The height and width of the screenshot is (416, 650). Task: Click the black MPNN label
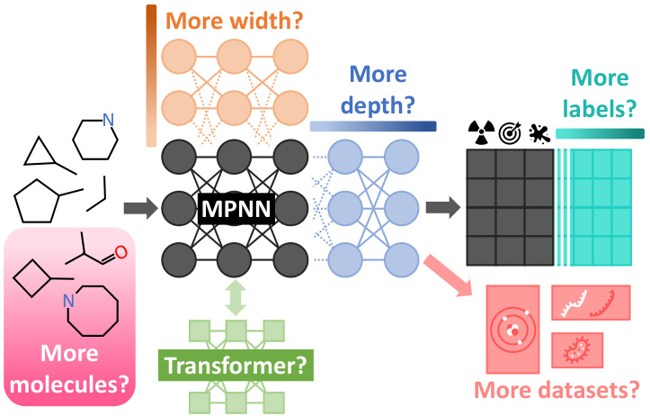click(x=236, y=210)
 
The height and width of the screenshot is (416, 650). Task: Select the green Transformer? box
click(x=235, y=366)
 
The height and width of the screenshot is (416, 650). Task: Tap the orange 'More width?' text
click(x=236, y=22)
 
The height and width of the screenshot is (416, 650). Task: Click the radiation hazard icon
click(x=483, y=132)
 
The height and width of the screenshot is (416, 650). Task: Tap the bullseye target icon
click(x=510, y=132)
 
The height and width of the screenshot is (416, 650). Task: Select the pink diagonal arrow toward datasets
click(x=449, y=270)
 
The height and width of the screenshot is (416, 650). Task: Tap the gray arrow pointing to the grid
click(x=440, y=210)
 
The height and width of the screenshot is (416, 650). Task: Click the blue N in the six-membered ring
click(x=109, y=119)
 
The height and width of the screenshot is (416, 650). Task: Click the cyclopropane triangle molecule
click(x=38, y=154)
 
